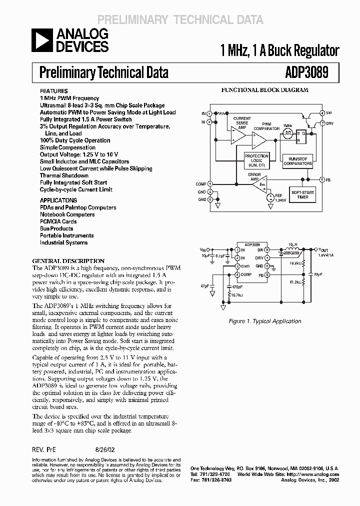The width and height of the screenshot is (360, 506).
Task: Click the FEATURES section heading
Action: point(53,91)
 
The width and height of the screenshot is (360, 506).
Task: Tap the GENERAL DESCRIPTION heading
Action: point(68,261)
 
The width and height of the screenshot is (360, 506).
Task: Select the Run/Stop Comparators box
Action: point(298,160)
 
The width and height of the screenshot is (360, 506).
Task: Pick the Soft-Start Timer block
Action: point(302,195)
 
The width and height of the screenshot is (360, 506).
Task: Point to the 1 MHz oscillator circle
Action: point(287,133)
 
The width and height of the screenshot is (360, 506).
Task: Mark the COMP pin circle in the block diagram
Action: point(210,184)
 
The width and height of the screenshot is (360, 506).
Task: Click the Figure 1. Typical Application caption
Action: point(271,321)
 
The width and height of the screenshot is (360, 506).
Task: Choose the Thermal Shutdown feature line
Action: point(64,175)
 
